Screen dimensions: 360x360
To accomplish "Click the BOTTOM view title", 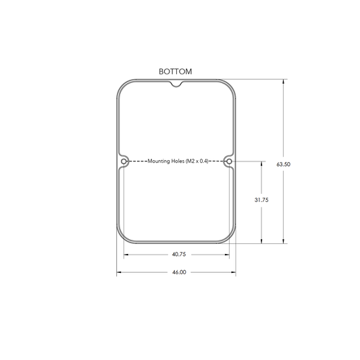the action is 176,72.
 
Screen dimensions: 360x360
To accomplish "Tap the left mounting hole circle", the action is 124,161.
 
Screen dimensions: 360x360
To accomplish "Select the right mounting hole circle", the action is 229,161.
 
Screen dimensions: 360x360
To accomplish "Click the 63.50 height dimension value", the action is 283,164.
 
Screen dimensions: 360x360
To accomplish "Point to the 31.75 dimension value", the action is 261,200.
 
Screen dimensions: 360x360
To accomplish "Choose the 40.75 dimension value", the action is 179,254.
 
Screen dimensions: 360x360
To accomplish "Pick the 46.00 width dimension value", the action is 179,272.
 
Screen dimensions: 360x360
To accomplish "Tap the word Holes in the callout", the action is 177,161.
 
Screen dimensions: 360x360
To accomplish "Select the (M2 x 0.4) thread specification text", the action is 197,161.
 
